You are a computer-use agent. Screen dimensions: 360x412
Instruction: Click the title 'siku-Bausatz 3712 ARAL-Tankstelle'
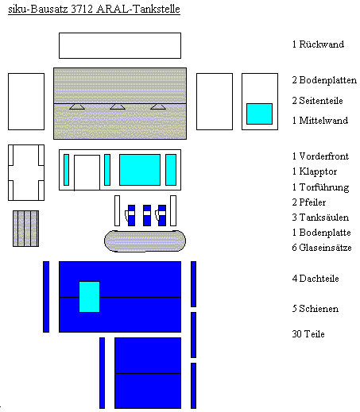click(94, 10)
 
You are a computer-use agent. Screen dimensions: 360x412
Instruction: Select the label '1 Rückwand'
click(318, 44)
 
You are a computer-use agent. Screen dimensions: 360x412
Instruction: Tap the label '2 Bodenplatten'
click(324, 80)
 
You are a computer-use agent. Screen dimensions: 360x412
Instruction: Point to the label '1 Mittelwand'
click(320, 121)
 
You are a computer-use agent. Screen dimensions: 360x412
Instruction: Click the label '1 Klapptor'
click(315, 171)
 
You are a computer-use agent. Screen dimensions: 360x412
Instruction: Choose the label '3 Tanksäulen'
click(320, 218)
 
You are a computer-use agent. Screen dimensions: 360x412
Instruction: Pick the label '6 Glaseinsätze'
click(322, 248)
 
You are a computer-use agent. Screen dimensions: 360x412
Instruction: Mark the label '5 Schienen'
click(315, 309)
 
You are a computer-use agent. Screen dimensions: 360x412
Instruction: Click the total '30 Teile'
click(308, 334)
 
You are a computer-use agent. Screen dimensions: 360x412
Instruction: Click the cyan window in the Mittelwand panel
click(259, 114)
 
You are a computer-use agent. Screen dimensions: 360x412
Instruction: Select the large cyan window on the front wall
click(140, 170)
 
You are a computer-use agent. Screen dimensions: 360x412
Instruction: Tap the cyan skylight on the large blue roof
click(90, 297)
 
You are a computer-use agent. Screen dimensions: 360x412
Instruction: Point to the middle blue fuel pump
click(147, 215)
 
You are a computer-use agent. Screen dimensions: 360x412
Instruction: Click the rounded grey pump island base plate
click(145, 241)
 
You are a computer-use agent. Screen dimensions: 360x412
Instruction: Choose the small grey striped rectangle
click(25, 229)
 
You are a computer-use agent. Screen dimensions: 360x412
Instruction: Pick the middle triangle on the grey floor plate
click(118, 106)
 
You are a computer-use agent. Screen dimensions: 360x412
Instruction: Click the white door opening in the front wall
click(87, 172)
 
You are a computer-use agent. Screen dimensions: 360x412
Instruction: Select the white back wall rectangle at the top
click(120, 45)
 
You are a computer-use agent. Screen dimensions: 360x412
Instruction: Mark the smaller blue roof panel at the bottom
click(148, 373)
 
